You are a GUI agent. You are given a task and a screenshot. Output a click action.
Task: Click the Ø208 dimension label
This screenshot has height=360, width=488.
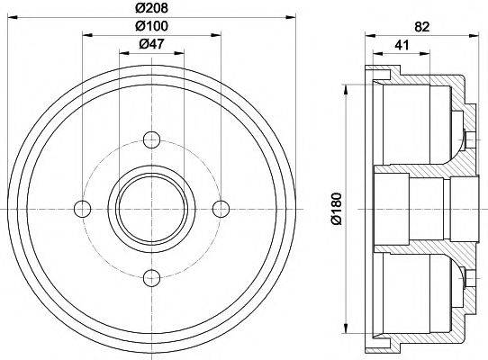[x=150, y=8]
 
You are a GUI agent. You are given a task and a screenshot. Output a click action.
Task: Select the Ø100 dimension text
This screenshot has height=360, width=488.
[x=150, y=27]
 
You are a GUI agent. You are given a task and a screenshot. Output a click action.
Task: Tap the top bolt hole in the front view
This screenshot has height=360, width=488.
[x=152, y=140]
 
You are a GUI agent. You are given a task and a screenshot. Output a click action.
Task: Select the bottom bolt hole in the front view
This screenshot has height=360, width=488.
[x=152, y=276]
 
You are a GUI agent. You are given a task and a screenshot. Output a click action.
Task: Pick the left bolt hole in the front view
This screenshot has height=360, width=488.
[x=84, y=209]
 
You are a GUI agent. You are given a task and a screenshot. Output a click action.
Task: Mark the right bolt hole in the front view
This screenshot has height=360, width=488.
[x=221, y=209]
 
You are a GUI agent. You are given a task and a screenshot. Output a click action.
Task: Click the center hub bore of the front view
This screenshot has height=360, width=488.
[x=152, y=209]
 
